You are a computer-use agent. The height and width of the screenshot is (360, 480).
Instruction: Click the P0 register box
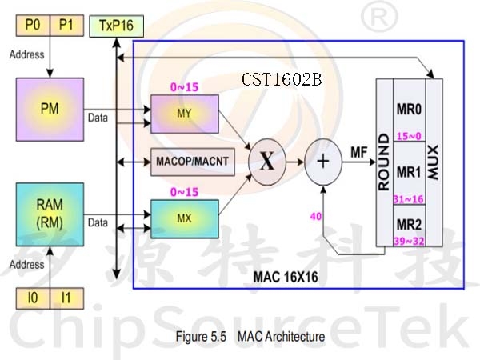(33, 25)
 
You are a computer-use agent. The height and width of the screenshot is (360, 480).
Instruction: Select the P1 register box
(66, 25)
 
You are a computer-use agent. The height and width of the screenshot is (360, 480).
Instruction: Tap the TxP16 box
(116, 26)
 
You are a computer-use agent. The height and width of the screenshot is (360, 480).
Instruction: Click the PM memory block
(50, 110)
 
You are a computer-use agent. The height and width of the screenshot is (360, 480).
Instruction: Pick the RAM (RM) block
(50, 214)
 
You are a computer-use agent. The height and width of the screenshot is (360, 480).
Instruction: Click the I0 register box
(33, 298)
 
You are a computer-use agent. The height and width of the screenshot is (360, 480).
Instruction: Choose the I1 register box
(66, 298)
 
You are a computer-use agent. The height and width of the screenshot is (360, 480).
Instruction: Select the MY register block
(185, 114)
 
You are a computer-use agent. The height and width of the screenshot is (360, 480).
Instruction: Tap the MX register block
(185, 219)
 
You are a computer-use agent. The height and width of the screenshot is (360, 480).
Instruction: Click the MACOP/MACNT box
(193, 162)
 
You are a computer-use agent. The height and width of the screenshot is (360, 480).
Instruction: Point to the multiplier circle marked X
(267, 162)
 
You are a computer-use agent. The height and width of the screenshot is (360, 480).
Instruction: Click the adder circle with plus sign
(323, 162)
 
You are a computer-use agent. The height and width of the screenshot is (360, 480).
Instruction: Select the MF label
(358, 152)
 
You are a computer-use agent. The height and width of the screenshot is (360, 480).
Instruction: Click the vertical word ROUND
(384, 162)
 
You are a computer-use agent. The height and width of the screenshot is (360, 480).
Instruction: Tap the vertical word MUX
(433, 162)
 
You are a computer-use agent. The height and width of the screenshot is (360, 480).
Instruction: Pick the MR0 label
(409, 110)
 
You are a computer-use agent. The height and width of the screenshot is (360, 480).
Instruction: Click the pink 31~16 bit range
(408, 199)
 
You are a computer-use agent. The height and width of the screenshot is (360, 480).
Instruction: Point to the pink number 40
(316, 217)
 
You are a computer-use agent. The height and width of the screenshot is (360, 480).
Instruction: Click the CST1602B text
(282, 79)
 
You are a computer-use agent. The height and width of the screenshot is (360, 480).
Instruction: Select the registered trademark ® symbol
(379, 16)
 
